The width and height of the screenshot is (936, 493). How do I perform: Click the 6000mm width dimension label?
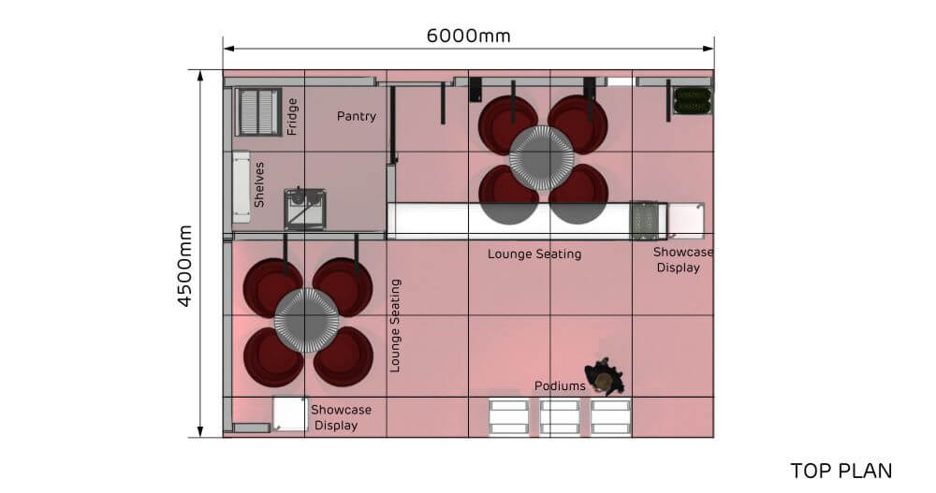469,36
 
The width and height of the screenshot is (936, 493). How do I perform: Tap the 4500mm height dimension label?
185,267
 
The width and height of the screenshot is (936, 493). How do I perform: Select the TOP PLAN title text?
841,471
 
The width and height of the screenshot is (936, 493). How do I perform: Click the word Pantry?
357,116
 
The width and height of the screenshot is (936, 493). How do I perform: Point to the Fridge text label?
292,116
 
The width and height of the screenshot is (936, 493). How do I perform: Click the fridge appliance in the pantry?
258,112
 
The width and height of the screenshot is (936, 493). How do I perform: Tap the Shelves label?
259,184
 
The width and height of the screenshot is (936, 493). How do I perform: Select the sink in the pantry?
304,209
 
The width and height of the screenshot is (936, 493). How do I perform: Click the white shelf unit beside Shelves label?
241,187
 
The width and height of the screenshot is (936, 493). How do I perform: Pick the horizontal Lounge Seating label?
534,254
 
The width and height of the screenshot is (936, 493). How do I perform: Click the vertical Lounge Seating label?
395,326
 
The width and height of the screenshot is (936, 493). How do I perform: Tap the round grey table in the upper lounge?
541,158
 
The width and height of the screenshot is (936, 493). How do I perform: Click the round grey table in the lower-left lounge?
306,321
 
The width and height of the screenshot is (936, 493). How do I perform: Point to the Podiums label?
560,386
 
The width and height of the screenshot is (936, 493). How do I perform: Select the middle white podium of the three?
560,418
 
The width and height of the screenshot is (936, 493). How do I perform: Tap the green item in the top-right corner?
693,100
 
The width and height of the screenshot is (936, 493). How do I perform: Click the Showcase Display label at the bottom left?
341,418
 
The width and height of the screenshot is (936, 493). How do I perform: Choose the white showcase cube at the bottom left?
291,413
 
